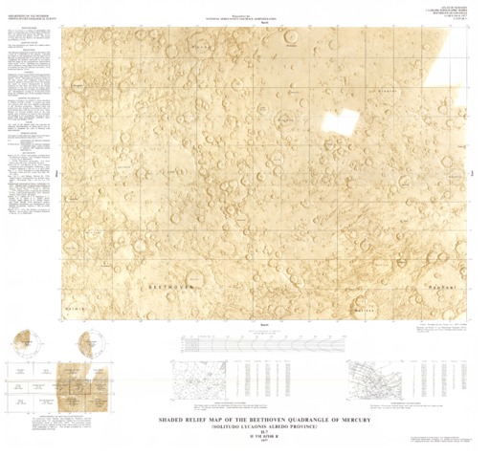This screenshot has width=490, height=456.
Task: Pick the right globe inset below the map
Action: [94, 340]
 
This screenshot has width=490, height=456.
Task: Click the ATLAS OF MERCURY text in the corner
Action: [462, 9]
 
